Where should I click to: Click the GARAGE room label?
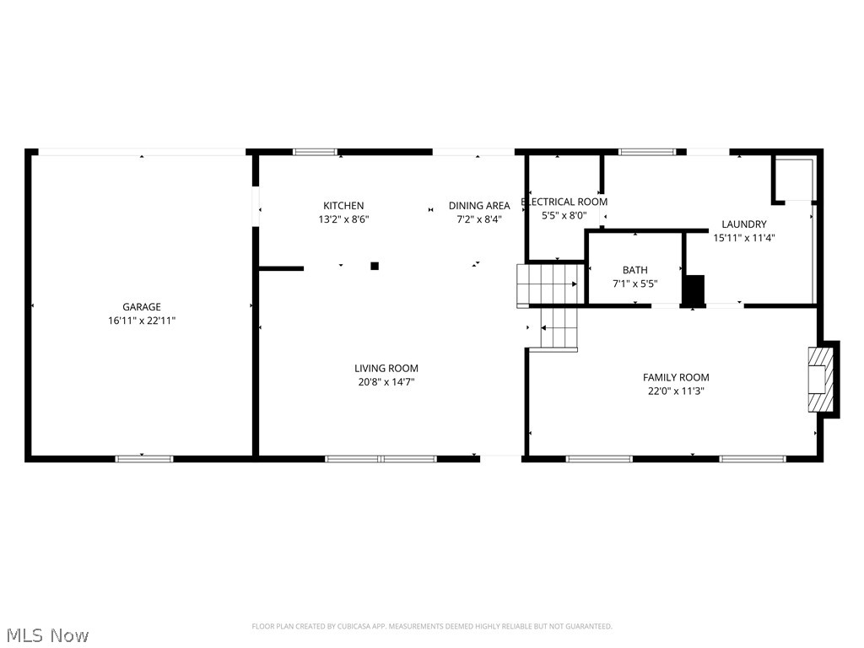click(x=141, y=307)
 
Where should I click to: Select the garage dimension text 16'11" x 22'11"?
click(x=141, y=321)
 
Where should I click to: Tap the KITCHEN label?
click(x=343, y=206)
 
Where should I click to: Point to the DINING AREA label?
click(x=478, y=206)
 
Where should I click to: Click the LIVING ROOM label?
click(x=386, y=368)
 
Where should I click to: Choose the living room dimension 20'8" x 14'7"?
click(x=386, y=381)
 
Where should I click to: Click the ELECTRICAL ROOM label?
click(x=564, y=202)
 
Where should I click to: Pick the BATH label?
click(x=635, y=271)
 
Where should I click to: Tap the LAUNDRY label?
click(x=744, y=224)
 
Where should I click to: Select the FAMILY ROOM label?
click(x=676, y=377)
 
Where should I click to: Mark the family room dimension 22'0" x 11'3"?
click(x=676, y=391)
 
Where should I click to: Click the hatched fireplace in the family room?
click(x=818, y=379)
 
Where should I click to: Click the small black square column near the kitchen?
click(x=375, y=266)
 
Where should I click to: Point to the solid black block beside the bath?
click(x=693, y=290)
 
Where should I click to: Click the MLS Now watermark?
click(x=47, y=634)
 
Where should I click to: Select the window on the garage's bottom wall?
click(x=144, y=459)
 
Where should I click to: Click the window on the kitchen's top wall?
click(x=315, y=152)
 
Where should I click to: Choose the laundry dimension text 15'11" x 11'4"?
click(x=744, y=238)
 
